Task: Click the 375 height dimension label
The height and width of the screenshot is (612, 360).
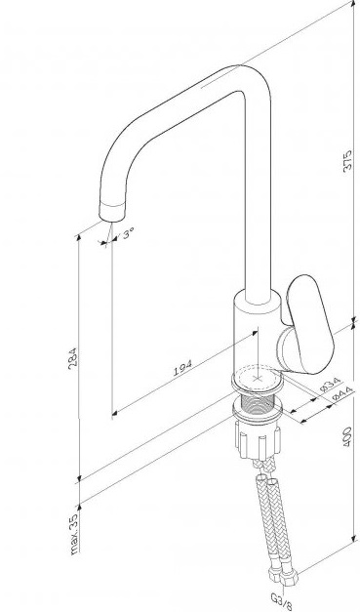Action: point(347,160)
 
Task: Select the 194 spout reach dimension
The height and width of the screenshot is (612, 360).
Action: point(182,368)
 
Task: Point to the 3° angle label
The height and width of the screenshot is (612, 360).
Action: point(128,234)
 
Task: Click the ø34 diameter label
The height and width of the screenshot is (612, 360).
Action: point(330,384)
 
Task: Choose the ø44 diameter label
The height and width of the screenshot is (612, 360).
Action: point(342,393)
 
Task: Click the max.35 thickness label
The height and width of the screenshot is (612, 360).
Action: point(74,533)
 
